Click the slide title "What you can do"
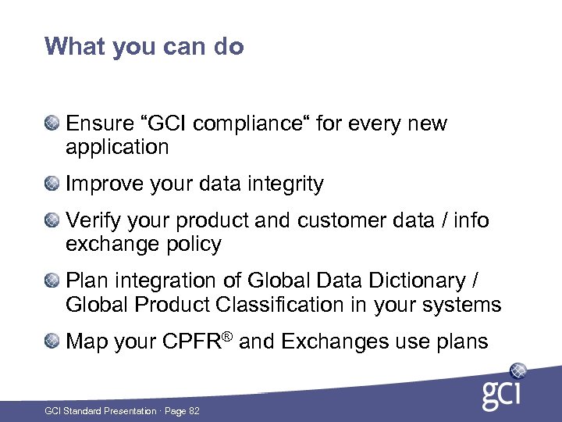point(144,47)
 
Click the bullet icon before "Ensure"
point(52,123)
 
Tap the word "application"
point(117,147)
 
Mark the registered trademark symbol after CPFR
point(228,336)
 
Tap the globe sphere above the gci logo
point(518,370)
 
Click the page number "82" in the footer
point(194,411)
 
